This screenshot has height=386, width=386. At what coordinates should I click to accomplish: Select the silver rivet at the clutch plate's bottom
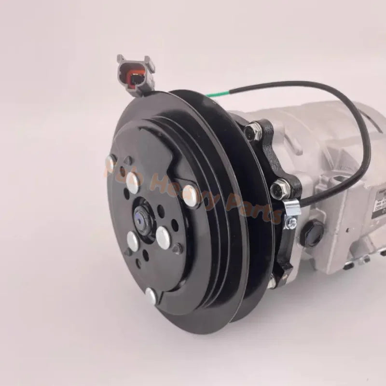(x=151, y=295)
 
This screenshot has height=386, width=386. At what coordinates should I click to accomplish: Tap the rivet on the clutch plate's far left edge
(x=110, y=165)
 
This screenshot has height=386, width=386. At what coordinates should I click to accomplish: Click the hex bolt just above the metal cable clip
(x=278, y=187)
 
